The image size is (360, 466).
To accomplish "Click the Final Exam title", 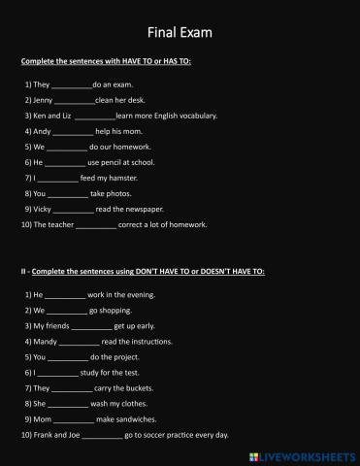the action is tap(180, 33).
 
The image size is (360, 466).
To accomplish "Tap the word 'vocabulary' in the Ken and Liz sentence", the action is tap(196, 116).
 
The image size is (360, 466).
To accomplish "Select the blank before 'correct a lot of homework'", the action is tap(95, 224).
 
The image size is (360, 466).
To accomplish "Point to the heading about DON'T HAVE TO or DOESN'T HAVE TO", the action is tap(143, 271).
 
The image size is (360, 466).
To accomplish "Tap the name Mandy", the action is tap(46, 341).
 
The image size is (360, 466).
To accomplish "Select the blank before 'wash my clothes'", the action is tap(68, 403).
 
